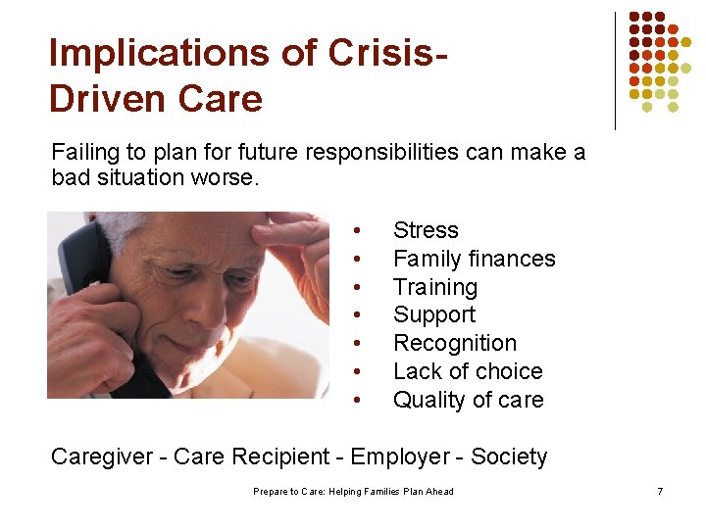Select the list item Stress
(426, 230)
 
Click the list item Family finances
(474, 259)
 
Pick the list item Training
(434, 287)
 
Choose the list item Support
(433, 314)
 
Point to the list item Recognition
(454, 343)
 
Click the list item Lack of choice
(467, 371)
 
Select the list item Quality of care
(468, 400)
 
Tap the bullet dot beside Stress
(360, 231)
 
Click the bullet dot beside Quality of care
(360, 401)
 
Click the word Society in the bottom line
(509, 457)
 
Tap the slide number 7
(660, 491)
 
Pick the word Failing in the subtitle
(85, 152)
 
